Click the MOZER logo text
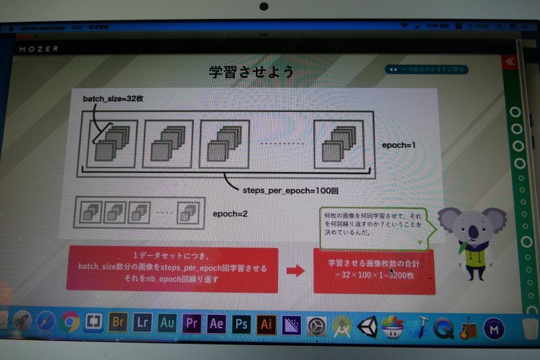coord(38,49)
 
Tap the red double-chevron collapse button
coord(511,61)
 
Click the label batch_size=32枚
coord(113,99)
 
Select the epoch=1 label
coord(402,145)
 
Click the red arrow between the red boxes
coord(296,271)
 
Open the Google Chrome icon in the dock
coord(70,322)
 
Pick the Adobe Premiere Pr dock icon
coord(192,323)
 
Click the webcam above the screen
coord(263,7)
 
